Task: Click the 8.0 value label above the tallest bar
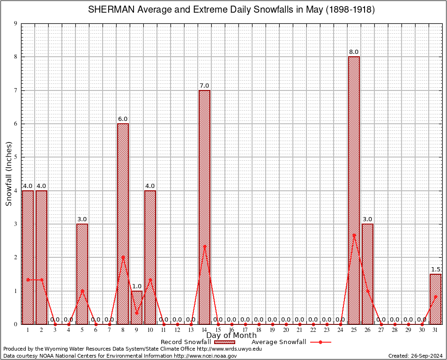[354, 52]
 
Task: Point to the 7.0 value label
[204, 86]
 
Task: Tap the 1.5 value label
[435, 270]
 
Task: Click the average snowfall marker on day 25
[354, 235]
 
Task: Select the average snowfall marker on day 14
[204, 246]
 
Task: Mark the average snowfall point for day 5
[82, 291]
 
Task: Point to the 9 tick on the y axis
[15, 23]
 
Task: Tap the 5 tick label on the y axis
[15, 157]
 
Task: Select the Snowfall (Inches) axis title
[8, 174]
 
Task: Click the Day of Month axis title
[231, 336]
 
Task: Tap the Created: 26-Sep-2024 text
[416, 356]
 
